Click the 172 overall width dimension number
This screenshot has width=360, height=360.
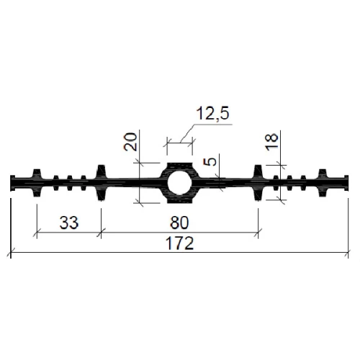[179, 243]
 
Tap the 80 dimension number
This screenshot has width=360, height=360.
[179, 222]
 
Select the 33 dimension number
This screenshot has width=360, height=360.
[69, 222]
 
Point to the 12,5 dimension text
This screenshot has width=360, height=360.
[212, 113]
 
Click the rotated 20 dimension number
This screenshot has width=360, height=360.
[131, 142]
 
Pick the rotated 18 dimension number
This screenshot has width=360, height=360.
[271, 142]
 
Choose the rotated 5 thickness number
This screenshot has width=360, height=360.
[210, 162]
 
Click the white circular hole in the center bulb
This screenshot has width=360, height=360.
[179, 183]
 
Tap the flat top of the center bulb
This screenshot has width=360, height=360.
[179, 164]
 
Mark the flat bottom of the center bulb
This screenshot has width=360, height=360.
[179, 202]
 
